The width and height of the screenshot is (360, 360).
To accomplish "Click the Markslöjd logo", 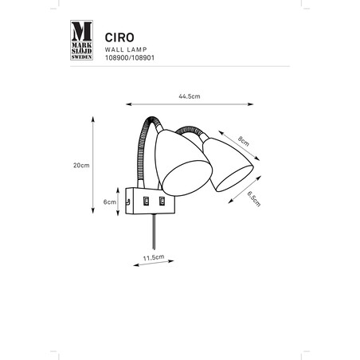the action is click(x=81, y=40).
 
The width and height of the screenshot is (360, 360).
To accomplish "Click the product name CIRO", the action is click(x=119, y=37).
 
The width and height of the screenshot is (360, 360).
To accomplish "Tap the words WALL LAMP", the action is click(x=126, y=49).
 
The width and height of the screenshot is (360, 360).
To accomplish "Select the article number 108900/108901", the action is click(x=130, y=58).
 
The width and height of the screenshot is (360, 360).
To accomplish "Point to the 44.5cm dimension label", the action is click(x=190, y=96).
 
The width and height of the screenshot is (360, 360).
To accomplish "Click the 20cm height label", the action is click(x=81, y=166).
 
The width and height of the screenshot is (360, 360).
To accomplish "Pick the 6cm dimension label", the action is click(x=110, y=202).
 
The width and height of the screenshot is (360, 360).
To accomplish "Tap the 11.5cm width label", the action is click(x=154, y=257).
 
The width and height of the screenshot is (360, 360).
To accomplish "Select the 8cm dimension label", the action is click(x=244, y=141).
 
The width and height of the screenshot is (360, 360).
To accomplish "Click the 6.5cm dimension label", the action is click(x=254, y=199).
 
